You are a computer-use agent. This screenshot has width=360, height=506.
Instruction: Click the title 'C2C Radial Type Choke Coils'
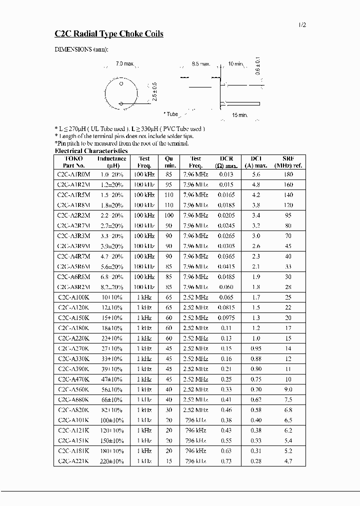108,34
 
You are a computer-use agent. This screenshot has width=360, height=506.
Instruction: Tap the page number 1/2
301,24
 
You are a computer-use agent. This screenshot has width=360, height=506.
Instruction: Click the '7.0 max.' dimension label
125,64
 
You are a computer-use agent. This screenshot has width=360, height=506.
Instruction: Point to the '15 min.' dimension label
240,115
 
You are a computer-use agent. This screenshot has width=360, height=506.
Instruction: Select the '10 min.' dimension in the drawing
235,64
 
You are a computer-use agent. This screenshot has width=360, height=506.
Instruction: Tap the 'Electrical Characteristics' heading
91,150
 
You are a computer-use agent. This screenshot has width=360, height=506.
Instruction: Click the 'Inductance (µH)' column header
111,162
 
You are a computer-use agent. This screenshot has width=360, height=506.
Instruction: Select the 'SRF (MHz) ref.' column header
288,162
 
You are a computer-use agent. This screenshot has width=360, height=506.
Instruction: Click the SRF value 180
288,174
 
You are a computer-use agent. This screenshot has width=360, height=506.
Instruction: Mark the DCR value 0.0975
225,318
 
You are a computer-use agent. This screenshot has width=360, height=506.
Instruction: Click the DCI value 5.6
256,174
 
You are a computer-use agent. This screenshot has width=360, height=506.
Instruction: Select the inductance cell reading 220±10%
111,461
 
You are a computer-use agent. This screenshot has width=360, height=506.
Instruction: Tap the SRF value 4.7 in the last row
288,461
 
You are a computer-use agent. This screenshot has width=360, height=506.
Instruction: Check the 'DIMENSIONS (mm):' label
80,50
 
